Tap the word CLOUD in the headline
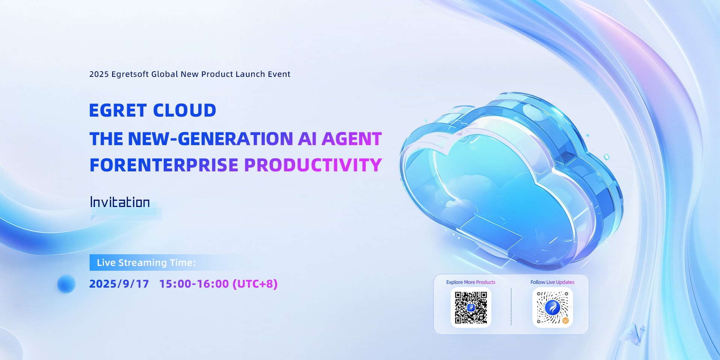click(x=184, y=111)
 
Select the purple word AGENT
click(x=351, y=139)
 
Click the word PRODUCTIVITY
click(x=313, y=165)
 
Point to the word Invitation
click(x=120, y=202)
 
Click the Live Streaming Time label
click(x=146, y=262)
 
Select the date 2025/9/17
click(x=119, y=284)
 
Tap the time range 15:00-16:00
click(x=194, y=284)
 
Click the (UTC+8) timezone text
click(x=255, y=284)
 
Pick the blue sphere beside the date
click(x=66, y=284)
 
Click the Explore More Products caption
click(x=471, y=282)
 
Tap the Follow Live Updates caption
click(x=552, y=282)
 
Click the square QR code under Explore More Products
click(x=471, y=307)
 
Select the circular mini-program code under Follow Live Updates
click(x=552, y=307)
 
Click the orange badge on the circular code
click(x=565, y=321)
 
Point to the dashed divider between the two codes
click(x=511, y=307)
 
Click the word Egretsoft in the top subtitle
click(x=130, y=74)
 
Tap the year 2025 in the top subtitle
click(x=99, y=74)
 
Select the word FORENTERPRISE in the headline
click(x=164, y=165)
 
